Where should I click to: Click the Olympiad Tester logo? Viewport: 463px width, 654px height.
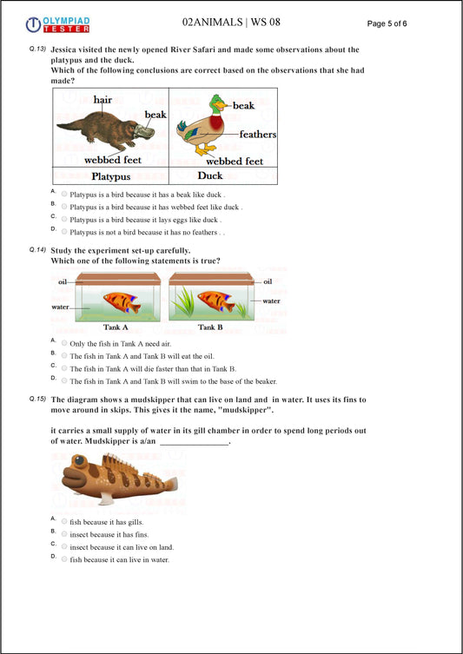pos(57,24)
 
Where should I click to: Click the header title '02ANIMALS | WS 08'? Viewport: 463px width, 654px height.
pos(231,22)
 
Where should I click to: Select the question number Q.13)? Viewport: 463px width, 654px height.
pos(37,50)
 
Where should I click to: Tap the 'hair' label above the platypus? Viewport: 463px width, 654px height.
pos(103,101)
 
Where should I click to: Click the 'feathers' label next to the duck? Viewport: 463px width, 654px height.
pos(257,135)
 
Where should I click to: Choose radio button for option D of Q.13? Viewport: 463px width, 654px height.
pos(64,232)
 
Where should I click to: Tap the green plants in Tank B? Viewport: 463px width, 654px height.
pos(186,302)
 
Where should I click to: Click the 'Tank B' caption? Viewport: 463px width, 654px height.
pos(209,327)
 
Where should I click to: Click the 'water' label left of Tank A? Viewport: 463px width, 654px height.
pos(62,307)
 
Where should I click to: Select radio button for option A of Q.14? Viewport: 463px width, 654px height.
pos(64,343)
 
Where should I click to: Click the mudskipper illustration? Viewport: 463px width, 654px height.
pos(118,480)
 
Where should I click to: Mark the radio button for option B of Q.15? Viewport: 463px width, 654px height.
pos(64,534)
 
